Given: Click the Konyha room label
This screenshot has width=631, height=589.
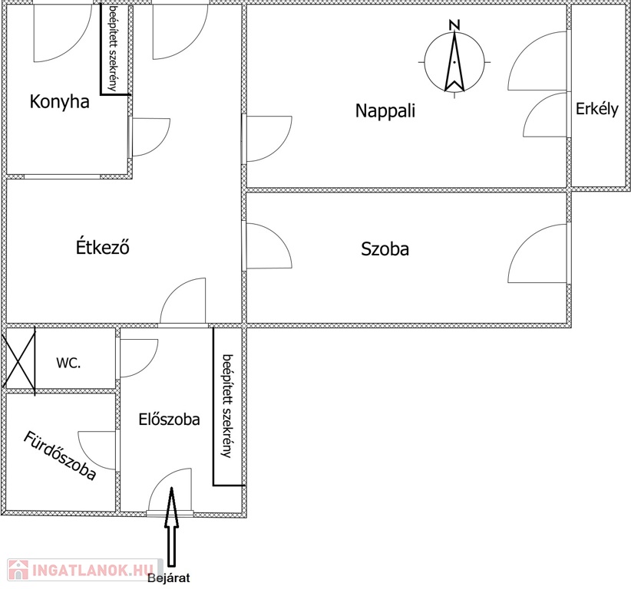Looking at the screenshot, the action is coord(60,102).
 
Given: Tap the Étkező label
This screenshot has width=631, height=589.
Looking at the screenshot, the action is coord(103,246).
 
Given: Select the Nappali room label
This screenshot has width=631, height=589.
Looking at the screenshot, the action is coord(385,111).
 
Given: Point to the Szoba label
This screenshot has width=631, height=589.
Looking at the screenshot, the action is coord(385,248).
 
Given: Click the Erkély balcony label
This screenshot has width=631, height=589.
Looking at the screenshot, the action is coord(596,109).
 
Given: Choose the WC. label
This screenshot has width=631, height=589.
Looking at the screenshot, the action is coord(68,363).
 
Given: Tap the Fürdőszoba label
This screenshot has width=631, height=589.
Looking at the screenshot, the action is coord(60,456).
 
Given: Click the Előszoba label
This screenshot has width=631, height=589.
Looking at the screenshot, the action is coord(169,420).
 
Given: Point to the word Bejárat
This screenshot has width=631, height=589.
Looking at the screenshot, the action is coord(169,578).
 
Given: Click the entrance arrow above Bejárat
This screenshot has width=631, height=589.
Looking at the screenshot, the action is coord(171,527).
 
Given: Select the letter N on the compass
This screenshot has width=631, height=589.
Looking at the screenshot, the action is coord(454,25).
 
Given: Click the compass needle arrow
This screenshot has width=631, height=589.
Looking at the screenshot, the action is coord(454,61).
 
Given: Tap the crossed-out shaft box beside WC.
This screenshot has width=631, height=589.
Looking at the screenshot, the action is coord(19,360).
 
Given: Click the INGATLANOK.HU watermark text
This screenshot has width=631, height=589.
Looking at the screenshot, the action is coord(93,570).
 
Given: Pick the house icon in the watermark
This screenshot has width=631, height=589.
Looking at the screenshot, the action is coord(18,570).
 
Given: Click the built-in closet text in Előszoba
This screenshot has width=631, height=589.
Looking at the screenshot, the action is coord(228,406).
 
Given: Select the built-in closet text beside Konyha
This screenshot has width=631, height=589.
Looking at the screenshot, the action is coord(114,48).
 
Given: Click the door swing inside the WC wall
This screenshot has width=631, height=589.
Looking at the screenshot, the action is coord(139,358).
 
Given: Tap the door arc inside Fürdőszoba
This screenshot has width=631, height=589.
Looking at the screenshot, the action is coord(97,450).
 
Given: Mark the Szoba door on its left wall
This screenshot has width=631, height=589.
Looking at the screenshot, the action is coord(269,245).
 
